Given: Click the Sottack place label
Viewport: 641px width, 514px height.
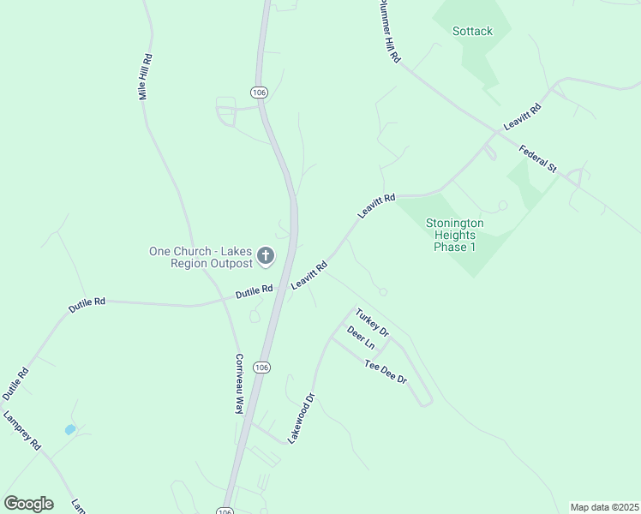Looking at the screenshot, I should [x=472, y=32].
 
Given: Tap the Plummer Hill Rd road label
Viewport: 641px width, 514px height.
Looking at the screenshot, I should [x=389, y=31].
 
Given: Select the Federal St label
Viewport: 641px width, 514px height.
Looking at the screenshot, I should [x=538, y=158].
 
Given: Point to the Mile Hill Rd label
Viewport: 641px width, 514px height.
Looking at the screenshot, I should [x=146, y=77].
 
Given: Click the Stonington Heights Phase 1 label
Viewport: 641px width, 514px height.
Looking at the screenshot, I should [x=455, y=235].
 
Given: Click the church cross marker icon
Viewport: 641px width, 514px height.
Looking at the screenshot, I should [x=266, y=255].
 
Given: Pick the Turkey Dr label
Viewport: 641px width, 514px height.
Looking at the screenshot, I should [x=373, y=321].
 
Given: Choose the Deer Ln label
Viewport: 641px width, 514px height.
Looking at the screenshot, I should [x=361, y=337].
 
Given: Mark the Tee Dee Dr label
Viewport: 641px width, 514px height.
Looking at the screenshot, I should [x=386, y=372].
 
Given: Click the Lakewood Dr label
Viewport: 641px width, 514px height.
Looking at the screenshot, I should [x=302, y=417].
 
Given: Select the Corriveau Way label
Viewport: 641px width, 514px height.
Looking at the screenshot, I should [x=240, y=384].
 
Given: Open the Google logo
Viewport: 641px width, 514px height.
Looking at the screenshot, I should [x=28, y=504].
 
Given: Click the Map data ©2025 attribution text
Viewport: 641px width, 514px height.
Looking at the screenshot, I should [x=604, y=507].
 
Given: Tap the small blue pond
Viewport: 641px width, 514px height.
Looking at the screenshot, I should [x=69, y=429].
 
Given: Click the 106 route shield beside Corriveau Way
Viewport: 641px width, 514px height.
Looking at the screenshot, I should [x=262, y=367].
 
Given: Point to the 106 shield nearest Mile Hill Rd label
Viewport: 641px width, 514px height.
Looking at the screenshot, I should [x=260, y=92].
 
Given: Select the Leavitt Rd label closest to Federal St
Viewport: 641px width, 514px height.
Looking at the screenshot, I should [x=523, y=116].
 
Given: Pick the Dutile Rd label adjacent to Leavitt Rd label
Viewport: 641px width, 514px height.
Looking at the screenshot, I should [x=255, y=291].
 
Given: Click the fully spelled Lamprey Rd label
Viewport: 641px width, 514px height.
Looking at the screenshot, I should [x=22, y=432].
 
